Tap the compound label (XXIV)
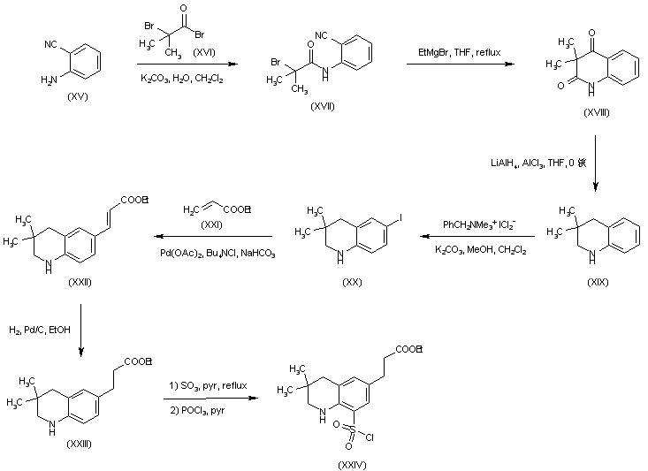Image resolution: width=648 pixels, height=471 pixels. tap(352, 462)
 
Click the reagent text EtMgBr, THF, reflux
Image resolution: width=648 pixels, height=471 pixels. tap(460, 54)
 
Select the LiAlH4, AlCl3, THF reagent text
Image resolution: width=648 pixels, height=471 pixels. tap(537, 163)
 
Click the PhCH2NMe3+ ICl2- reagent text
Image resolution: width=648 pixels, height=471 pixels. tap(478, 224)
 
